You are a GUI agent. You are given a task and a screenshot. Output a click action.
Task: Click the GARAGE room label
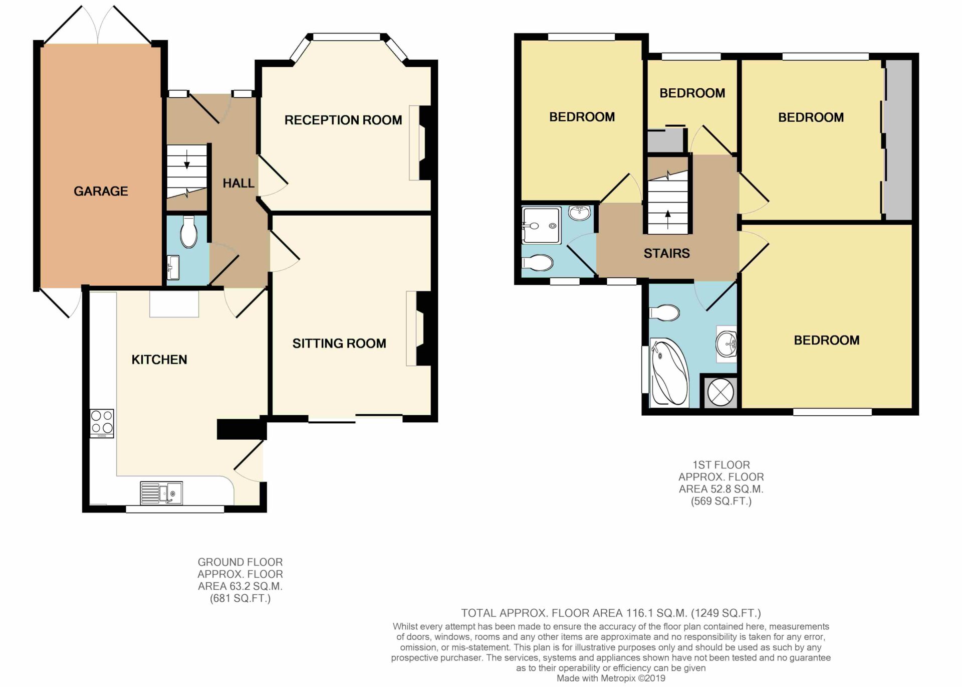pos(101,191)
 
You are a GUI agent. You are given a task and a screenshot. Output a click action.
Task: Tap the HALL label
pos(238,183)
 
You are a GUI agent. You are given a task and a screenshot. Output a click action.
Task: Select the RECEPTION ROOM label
pos(343,120)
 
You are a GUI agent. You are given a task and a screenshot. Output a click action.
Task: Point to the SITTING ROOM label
pos(339,344)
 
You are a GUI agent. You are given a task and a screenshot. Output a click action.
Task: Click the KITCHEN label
pos(159,360)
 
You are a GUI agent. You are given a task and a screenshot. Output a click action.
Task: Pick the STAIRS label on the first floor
pos(666,253)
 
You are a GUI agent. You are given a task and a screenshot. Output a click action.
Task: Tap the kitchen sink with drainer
pos(161,493)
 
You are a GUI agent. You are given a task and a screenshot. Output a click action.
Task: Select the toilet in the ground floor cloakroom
pos(189,232)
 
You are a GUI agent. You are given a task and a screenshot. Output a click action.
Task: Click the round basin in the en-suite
pos(580,213)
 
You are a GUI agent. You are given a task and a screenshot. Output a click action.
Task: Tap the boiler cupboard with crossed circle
pos(720,392)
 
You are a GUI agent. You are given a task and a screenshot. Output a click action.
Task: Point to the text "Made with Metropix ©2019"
pos(611,678)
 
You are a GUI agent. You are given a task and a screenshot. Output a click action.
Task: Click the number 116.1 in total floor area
pos(636,613)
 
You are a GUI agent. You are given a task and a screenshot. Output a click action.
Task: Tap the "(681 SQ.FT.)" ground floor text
pos(240,598)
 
